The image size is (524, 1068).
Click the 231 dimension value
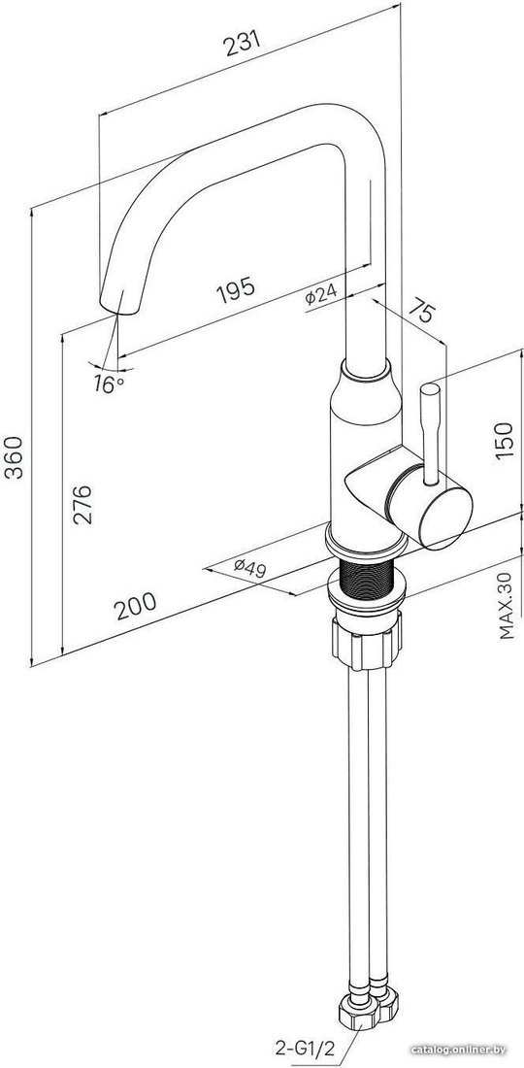(243, 45)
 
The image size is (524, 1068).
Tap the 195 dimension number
(236, 291)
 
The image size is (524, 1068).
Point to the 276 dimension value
(82, 505)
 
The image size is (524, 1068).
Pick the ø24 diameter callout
(321, 295)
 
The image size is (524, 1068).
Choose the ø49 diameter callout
(249, 567)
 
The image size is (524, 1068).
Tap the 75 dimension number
(422, 313)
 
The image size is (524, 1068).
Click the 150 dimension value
(503, 441)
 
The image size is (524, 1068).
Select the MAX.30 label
(506, 606)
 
